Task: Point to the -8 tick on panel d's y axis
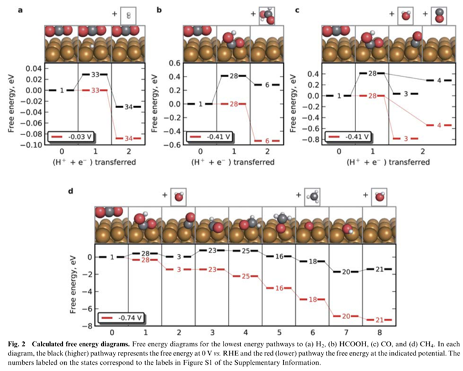(90, 325)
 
